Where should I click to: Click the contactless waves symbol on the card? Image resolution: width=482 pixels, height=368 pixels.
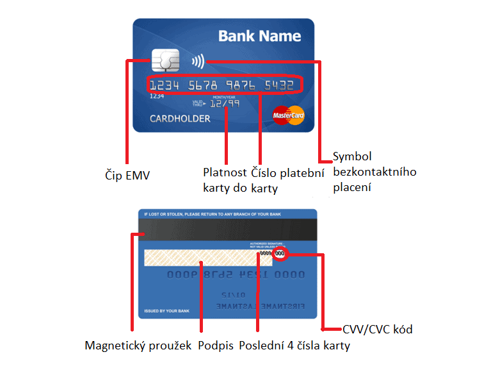click(x=198, y=62)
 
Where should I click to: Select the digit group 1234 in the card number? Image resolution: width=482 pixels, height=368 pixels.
click(x=165, y=85)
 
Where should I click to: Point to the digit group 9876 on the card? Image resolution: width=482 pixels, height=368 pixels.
click(x=241, y=85)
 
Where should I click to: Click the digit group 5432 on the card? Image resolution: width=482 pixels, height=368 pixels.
click(x=280, y=85)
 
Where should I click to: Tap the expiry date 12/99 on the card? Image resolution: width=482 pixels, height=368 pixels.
click(x=225, y=103)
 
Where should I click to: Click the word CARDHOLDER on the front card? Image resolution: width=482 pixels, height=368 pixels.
click(x=180, y=119)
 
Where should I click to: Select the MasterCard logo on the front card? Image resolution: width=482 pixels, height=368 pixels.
click(x=288, y=115)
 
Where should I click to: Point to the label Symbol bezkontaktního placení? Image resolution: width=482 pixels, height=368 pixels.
click(x=374, y=172)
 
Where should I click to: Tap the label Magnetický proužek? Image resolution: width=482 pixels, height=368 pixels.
click(x=138, y=346)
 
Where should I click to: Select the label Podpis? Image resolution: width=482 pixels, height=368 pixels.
click(x=215, y=346)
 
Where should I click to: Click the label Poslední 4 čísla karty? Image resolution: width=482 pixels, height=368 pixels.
click(x=294, y=346)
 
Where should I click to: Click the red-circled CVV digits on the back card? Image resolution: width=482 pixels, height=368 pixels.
click(x=281, y=255)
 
